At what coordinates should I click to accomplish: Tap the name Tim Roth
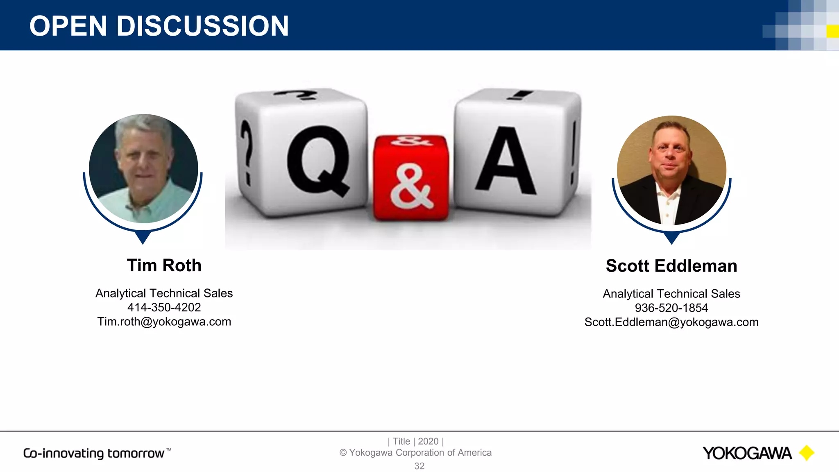164,265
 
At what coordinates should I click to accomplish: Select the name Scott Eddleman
671,266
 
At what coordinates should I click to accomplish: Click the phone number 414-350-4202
164,307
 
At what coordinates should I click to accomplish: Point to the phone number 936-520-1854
671,308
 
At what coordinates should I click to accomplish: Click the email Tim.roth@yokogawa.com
164,322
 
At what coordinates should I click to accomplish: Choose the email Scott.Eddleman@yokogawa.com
671,322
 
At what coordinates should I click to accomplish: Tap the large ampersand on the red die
411,186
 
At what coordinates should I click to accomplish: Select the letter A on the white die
506,162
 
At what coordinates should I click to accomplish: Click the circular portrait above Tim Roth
143,169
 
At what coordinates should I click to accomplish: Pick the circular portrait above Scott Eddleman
671,170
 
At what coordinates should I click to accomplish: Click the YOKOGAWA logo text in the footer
747,453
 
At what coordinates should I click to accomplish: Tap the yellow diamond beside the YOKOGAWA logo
807,453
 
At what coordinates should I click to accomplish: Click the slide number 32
419,466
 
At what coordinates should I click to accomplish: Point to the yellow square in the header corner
832,31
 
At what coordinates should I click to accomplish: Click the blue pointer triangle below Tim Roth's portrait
143,237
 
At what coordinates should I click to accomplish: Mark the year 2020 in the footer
428,441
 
